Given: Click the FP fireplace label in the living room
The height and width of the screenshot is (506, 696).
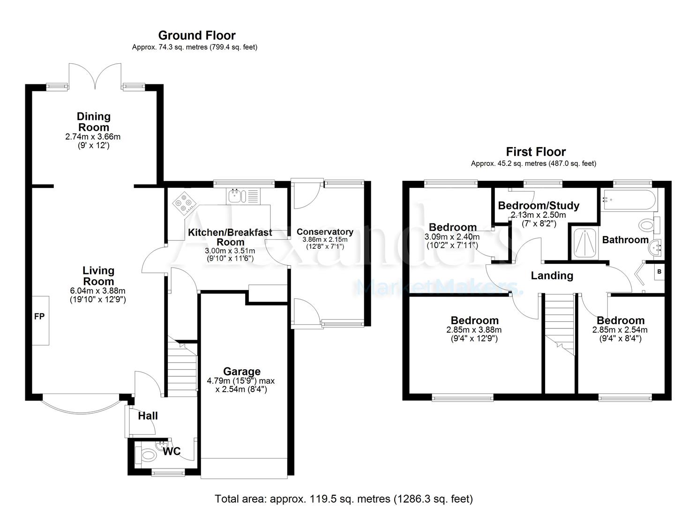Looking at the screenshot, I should pos(39,317).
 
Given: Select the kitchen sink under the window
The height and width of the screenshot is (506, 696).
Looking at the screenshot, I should pos(235,196).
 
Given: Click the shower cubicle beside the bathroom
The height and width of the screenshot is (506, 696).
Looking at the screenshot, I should pos(584,242).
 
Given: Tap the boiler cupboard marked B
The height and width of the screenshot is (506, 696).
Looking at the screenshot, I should pos(659,272).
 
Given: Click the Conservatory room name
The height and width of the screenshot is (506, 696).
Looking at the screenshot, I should pos(325,231).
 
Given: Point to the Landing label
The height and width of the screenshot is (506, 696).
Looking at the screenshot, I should pos(552,275).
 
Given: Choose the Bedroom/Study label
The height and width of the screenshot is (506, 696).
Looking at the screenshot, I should pos(539,205).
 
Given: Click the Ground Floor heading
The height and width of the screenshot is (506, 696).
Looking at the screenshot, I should pos(196,35).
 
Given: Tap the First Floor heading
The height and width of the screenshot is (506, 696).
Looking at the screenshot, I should pos(535,152).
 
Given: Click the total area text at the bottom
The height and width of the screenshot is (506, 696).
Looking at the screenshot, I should pos(344,499).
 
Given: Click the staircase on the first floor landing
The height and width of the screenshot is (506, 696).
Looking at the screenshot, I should pos(559,323).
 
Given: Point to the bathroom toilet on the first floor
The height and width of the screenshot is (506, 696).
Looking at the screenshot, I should pos(648,225).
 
